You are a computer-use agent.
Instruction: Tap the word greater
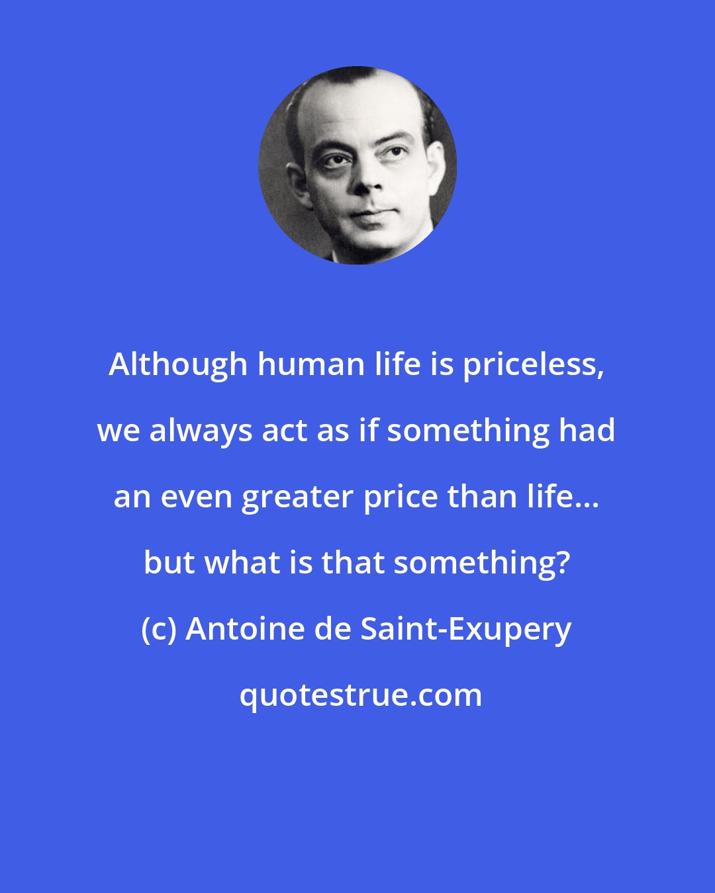[297, 497]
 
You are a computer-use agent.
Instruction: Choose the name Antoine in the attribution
[243, 629]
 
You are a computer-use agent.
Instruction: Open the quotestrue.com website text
[361, 695]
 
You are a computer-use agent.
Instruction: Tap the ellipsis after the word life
[589, 504]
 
